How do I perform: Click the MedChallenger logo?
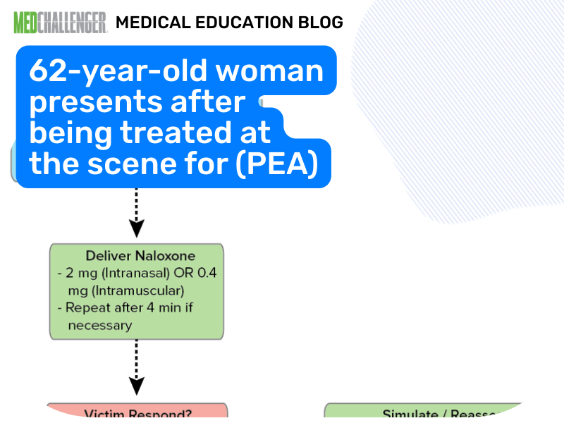(x=60, y=22)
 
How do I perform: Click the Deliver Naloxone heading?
(x=135, y=256)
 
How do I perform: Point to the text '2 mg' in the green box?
(x=79, y=273)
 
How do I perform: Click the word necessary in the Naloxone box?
(x=99, y=325)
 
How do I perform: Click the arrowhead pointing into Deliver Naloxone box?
(x=136, y=228)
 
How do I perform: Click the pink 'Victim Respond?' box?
(x=137, y=412)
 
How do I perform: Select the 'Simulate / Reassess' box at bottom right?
(x=423, y=413)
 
